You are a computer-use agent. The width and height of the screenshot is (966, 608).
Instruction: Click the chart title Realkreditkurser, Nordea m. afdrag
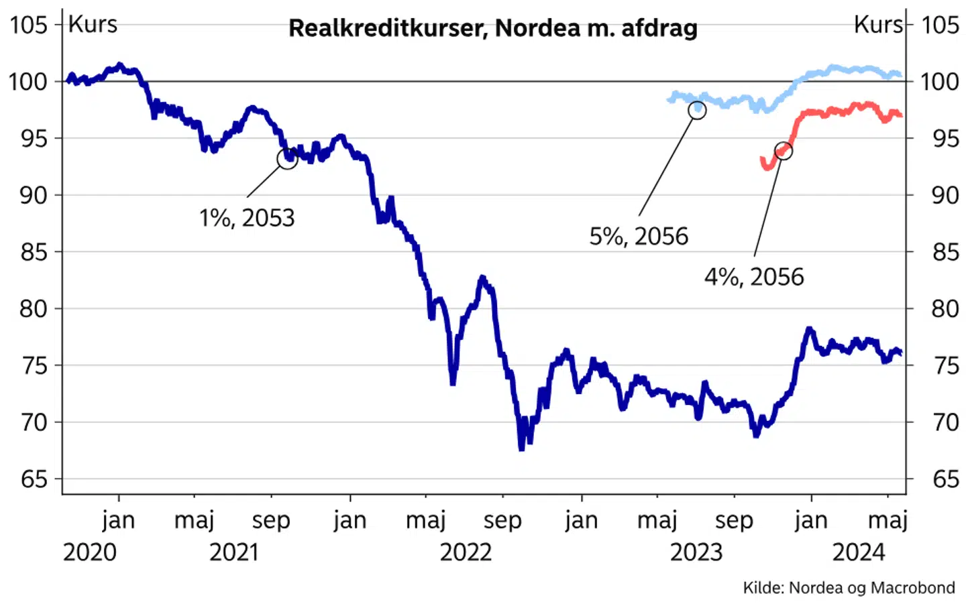coord(493,28)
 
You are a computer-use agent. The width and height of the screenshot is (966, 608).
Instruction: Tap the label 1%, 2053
coord(247,218)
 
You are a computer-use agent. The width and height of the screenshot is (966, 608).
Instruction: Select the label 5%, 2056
coord(639,236)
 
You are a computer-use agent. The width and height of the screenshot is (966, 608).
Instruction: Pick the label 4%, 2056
coord(754,277)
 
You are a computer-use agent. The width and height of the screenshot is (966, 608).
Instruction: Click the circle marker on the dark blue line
coord(287,159)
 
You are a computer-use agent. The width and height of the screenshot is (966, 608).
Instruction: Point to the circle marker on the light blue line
coord(698,110)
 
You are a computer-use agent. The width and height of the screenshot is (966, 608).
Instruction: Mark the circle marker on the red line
coord(783,151)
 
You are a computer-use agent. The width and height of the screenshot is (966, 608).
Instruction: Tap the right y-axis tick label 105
coord(940,25)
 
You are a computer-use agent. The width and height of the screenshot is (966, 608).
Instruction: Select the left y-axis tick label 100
coord(28,82)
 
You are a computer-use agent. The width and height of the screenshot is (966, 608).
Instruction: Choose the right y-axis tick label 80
coord(945,309)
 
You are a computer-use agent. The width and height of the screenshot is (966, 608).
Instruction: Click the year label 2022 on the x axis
coord(466,552)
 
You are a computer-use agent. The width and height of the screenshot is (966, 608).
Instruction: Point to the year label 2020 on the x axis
coord(90,552)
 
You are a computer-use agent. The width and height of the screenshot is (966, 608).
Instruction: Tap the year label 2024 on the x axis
coord(859,552)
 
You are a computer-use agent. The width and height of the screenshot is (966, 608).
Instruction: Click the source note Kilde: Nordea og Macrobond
coord(849,588)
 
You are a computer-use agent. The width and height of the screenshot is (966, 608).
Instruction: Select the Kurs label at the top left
coord(93,24)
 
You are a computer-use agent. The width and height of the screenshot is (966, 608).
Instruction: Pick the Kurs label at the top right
coord(878,25)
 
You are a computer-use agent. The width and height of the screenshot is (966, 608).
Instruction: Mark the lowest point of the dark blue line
coord(521,448)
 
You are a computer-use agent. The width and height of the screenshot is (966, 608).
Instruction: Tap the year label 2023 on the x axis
coord(696,552)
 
